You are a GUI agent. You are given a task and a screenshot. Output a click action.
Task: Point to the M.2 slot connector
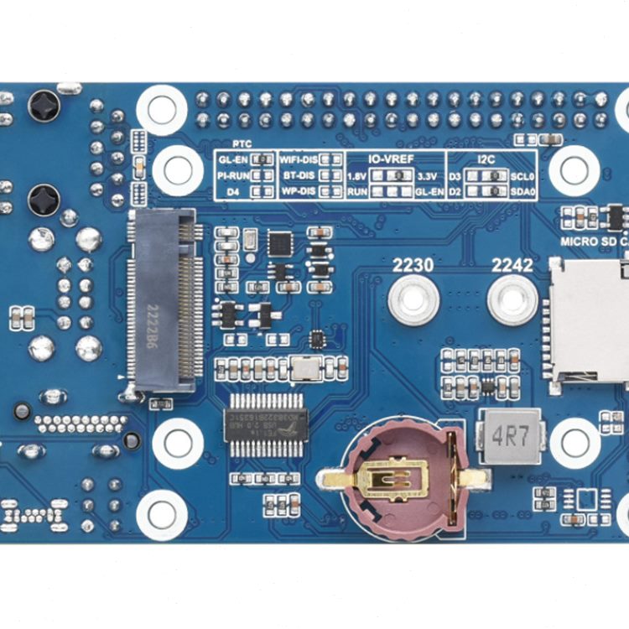coord(165,300)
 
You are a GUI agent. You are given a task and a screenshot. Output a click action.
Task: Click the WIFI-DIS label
coord(298,159)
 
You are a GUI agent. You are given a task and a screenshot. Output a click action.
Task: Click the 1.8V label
coord(357,176)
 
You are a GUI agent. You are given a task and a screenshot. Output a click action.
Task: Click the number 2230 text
coord(413,266)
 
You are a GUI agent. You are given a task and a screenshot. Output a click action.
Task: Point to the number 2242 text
coord(512,266)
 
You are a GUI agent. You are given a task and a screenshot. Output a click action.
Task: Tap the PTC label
coord(243,144)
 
